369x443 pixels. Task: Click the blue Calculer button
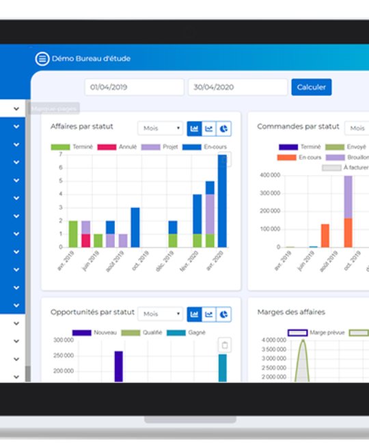coord(311,87)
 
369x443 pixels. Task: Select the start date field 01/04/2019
coord(134,88)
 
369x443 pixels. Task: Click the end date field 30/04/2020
coord(237,88)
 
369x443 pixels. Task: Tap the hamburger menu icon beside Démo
coord(42,58)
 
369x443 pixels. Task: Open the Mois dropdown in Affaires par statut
coord(161,128)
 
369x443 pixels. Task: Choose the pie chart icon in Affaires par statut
coord(223,128)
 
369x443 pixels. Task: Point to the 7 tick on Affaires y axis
coord(60,155)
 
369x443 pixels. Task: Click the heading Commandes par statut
coord(298,126)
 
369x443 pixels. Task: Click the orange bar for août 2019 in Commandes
coord(325,235)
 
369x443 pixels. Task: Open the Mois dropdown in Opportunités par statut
coord(161,314)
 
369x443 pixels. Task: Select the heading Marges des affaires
coord(291,312)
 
